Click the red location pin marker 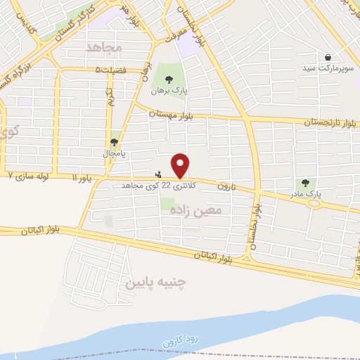coord(181,165)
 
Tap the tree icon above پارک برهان coord(167,79)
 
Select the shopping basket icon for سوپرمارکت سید coord(328,57)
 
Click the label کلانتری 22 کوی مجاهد coord(146,185)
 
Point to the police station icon coord(159,174)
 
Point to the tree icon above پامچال coord(114,142)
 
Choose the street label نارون coord(224,186)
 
